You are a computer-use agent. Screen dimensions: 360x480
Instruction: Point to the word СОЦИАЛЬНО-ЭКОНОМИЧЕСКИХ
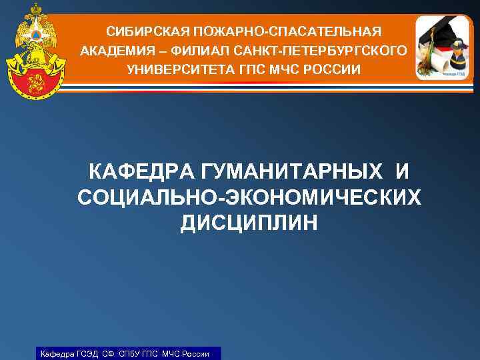pos(249,198)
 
